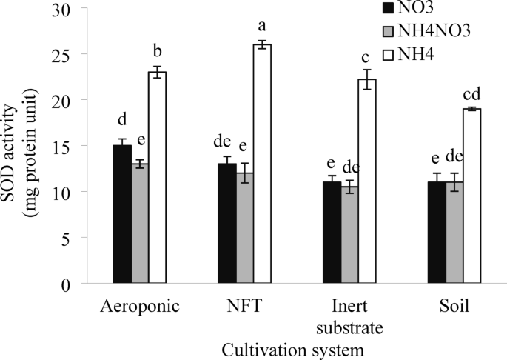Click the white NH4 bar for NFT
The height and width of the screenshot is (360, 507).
pyautogui.click(x=262, y=164)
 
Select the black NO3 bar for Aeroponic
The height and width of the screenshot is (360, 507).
pyautogui.click(x=121, y=214)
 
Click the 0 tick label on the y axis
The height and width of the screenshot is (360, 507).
pyautogui.click(x=67, y=284)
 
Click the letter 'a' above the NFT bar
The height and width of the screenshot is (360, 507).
pyautogui.click(x=262, y=27)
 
